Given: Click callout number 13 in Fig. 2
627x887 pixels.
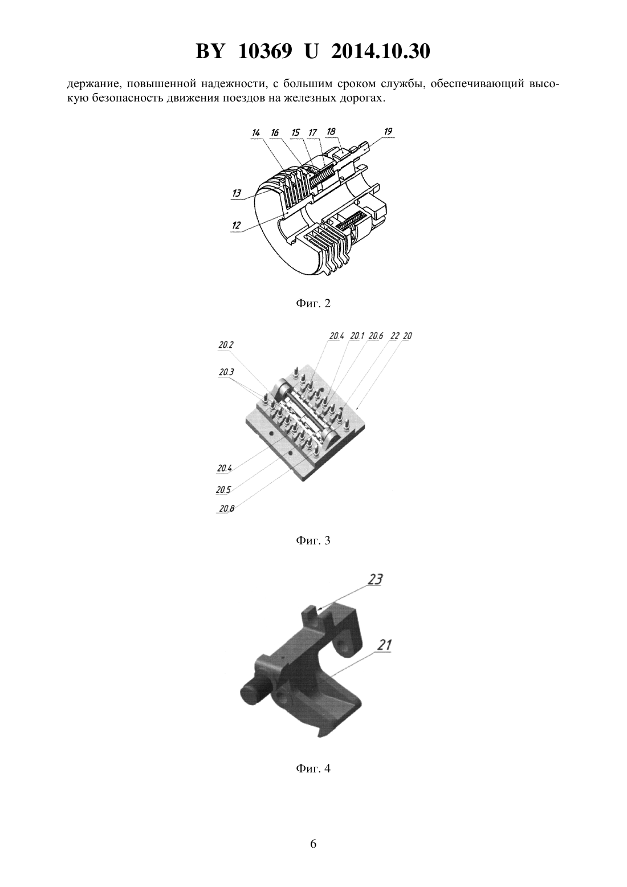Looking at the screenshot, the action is pos(237,193).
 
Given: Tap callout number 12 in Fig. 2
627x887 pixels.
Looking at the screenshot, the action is pos(236,225).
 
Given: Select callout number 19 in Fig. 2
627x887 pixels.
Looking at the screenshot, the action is pos(388,131).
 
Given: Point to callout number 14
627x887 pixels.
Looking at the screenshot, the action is pos(256,132).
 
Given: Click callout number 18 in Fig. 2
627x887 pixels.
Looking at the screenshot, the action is pos(331,132).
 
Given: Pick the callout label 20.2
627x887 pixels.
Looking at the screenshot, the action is pos(226,345).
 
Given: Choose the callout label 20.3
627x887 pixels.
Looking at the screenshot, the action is pos(226,372).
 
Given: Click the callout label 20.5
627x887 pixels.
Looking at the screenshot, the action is pos(223,490).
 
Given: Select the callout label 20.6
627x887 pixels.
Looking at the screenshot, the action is pos(376,336).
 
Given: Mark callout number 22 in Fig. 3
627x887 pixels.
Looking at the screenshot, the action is pos(394,336).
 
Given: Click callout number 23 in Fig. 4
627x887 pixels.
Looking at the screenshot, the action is pos(375,579).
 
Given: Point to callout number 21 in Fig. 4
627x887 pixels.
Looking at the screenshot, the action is pos(383,645).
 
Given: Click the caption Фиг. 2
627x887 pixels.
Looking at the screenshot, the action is pos(313,304).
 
